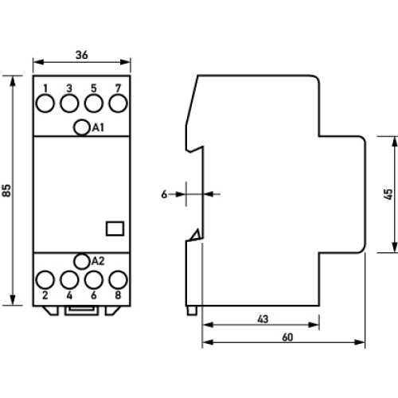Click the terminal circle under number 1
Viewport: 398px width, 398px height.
(45, 103)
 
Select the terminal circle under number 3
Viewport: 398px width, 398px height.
(69, 103)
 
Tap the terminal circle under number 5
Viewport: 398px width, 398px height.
(94, 103)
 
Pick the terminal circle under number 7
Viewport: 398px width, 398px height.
(119, 103)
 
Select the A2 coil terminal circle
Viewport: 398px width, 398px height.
(81, 261)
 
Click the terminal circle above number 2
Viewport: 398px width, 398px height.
(45, 279)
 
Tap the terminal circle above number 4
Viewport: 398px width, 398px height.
(69, 279)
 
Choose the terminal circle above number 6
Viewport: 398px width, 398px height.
(94, 279)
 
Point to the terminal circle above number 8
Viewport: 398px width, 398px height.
(119, 279)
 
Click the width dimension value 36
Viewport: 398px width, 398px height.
(81, 55)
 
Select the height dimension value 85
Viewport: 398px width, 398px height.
(7, 191)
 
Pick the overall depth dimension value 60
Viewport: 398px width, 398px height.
(287, 338)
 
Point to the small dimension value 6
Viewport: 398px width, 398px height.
(164, 193)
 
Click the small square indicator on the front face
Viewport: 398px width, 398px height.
(114, 228)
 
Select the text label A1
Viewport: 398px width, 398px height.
(98, 127)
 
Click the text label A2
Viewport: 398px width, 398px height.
(98, 261)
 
